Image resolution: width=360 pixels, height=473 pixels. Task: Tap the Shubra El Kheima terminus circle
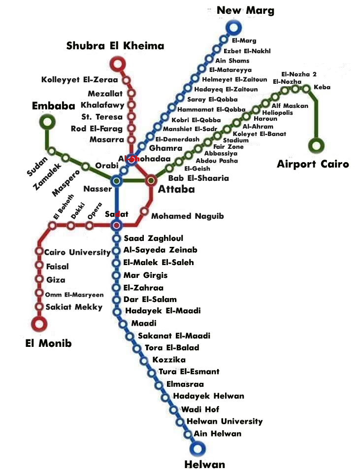117,64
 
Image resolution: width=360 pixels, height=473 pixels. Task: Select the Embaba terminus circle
47,121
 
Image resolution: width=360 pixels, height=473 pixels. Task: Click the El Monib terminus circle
39,324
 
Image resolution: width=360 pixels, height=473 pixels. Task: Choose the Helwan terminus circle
198,448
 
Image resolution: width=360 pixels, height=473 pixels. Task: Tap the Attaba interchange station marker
151,180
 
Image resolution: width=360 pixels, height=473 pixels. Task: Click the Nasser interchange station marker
117,181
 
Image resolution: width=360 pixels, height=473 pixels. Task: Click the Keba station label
322,88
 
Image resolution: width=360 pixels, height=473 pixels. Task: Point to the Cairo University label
77,252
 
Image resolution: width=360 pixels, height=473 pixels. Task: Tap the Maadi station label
144,323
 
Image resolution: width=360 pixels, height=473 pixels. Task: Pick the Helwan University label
225,421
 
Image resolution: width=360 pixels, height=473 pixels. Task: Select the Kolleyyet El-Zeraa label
79,79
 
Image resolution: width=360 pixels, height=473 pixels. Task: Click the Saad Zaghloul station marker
117,238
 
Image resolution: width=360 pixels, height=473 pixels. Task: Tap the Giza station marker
39,279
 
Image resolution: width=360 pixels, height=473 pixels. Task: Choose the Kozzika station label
169,360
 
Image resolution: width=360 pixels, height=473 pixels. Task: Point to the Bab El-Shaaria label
198,178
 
